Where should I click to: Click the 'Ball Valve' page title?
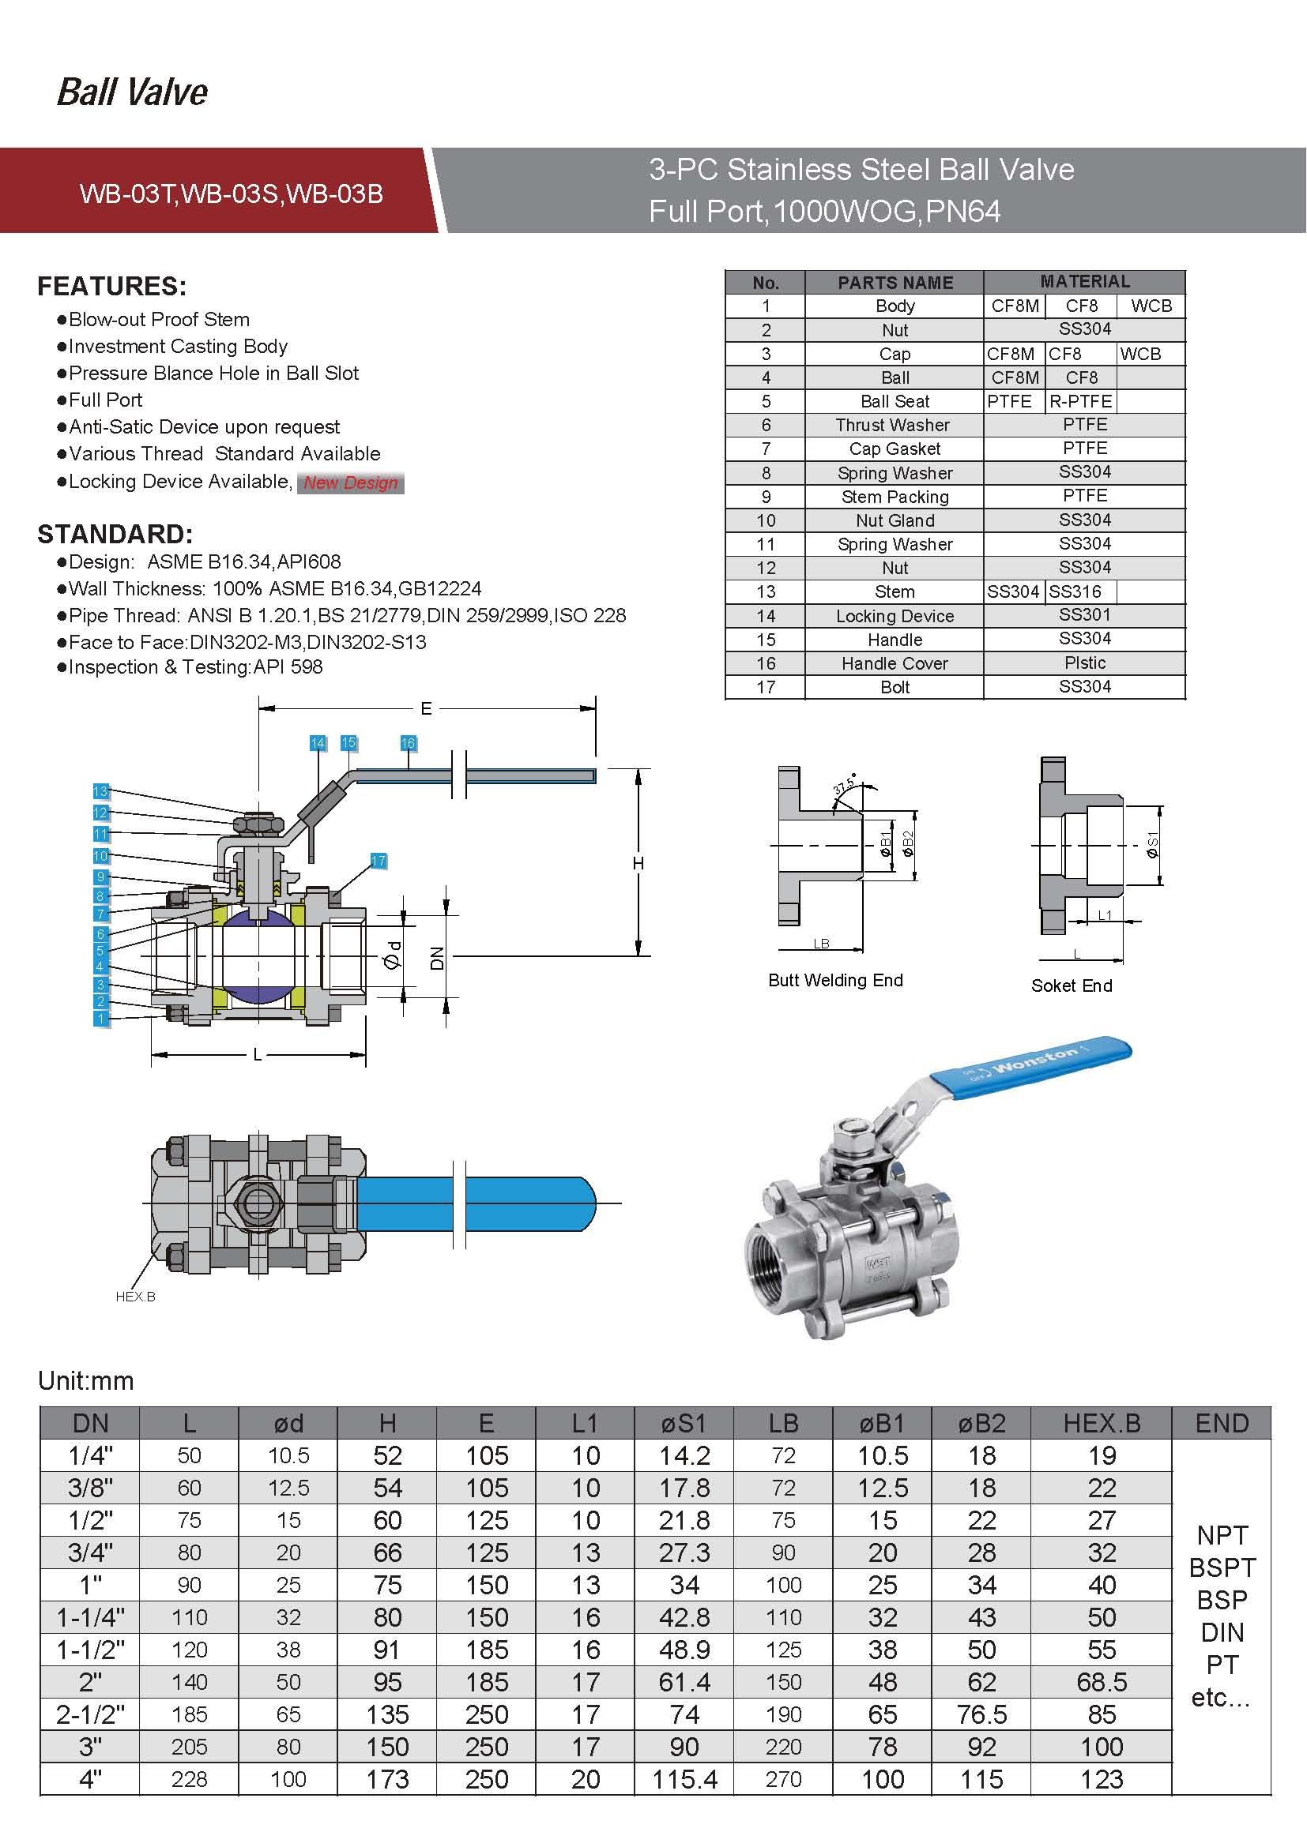click(133, 92)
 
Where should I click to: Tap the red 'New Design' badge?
click(350, 482)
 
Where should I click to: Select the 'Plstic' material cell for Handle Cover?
click(1084, 663)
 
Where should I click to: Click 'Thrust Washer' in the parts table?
click(894, 425)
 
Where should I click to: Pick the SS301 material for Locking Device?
click(1084, 615)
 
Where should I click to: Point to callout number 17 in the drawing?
click(379, 861)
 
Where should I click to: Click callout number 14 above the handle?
click(318, 743)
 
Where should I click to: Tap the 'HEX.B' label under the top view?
click(135, 1297)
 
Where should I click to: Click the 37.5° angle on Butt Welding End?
click(843, 784)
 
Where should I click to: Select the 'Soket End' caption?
click(1072, 985)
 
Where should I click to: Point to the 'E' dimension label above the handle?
click(426, 708)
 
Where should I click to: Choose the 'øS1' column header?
click(684, 1423)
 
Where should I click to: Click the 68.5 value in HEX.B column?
click(1101, 1682)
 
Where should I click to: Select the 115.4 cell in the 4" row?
click(684, 1779)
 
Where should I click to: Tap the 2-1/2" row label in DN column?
click(90, 1714)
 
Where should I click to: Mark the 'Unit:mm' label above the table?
click(86, 1380)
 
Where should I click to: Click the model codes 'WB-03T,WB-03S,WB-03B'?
click(231, 194)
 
